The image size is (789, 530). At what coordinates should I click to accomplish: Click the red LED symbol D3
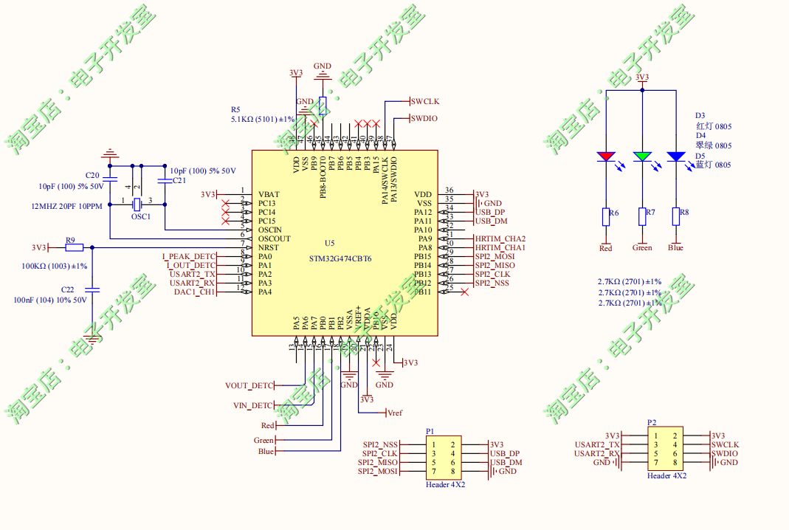(x=606, y=156)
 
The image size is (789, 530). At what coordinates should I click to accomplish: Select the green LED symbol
(x=642, y=156)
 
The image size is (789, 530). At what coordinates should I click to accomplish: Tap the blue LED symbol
(x=675, y=156)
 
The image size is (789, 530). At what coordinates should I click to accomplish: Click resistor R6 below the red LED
(x=606, y=216)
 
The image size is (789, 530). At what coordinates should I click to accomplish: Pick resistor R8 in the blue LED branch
(x=675, y=216)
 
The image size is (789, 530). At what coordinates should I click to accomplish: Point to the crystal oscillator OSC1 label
(x=140, y=216)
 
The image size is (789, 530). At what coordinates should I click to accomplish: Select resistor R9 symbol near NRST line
(x=75, y=247)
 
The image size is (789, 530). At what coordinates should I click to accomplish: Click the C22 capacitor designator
(x=67, y=290)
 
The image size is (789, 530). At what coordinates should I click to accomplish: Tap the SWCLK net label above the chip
(x=425, y=100)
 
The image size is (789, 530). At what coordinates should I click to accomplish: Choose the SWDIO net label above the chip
(x=424, y=118)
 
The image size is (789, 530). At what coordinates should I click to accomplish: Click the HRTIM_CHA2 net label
(x=500, y=238)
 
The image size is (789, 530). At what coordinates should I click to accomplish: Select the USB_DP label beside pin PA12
(x=491, y=212)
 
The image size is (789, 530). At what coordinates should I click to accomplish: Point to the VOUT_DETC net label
(x=248, y=385)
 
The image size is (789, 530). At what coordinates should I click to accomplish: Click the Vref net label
(x=394, y=413)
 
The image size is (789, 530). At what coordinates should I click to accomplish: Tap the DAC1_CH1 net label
(x=195, y=292)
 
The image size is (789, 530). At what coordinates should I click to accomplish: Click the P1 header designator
(x=430, y=430)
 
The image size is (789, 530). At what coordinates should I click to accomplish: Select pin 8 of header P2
(x=675, y=462)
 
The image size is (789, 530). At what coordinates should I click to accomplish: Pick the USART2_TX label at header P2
(x=597, y=444)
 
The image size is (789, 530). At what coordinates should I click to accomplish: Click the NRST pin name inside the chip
(x=269, y=247)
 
